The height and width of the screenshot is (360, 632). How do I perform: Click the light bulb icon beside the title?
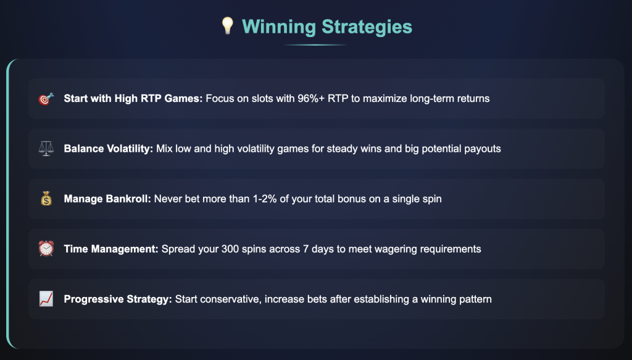coord(228,26)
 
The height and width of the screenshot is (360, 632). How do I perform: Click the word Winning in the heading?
coord(279,27)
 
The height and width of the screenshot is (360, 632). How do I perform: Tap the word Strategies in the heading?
coord(367,27)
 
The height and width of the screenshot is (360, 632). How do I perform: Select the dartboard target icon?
coord(46,99)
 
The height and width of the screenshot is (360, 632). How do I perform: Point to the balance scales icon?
coord(46,148)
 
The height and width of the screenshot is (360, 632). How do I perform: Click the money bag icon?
coord(46,198)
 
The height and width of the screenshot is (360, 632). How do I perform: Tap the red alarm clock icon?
coord(46,248)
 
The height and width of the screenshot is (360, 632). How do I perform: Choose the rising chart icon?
coord(46,299)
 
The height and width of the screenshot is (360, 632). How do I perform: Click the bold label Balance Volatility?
coord(109,149)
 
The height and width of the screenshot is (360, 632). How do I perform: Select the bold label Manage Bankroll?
coord(107,199)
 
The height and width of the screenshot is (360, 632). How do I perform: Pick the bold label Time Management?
coord(111,249)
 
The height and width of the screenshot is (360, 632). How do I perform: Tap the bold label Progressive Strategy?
coord(118,299)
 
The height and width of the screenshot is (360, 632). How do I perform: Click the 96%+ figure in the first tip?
coord(311,98)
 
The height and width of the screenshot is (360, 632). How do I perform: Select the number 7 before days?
coord(306,249)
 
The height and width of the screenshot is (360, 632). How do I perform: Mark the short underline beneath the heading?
coord(315,44)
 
